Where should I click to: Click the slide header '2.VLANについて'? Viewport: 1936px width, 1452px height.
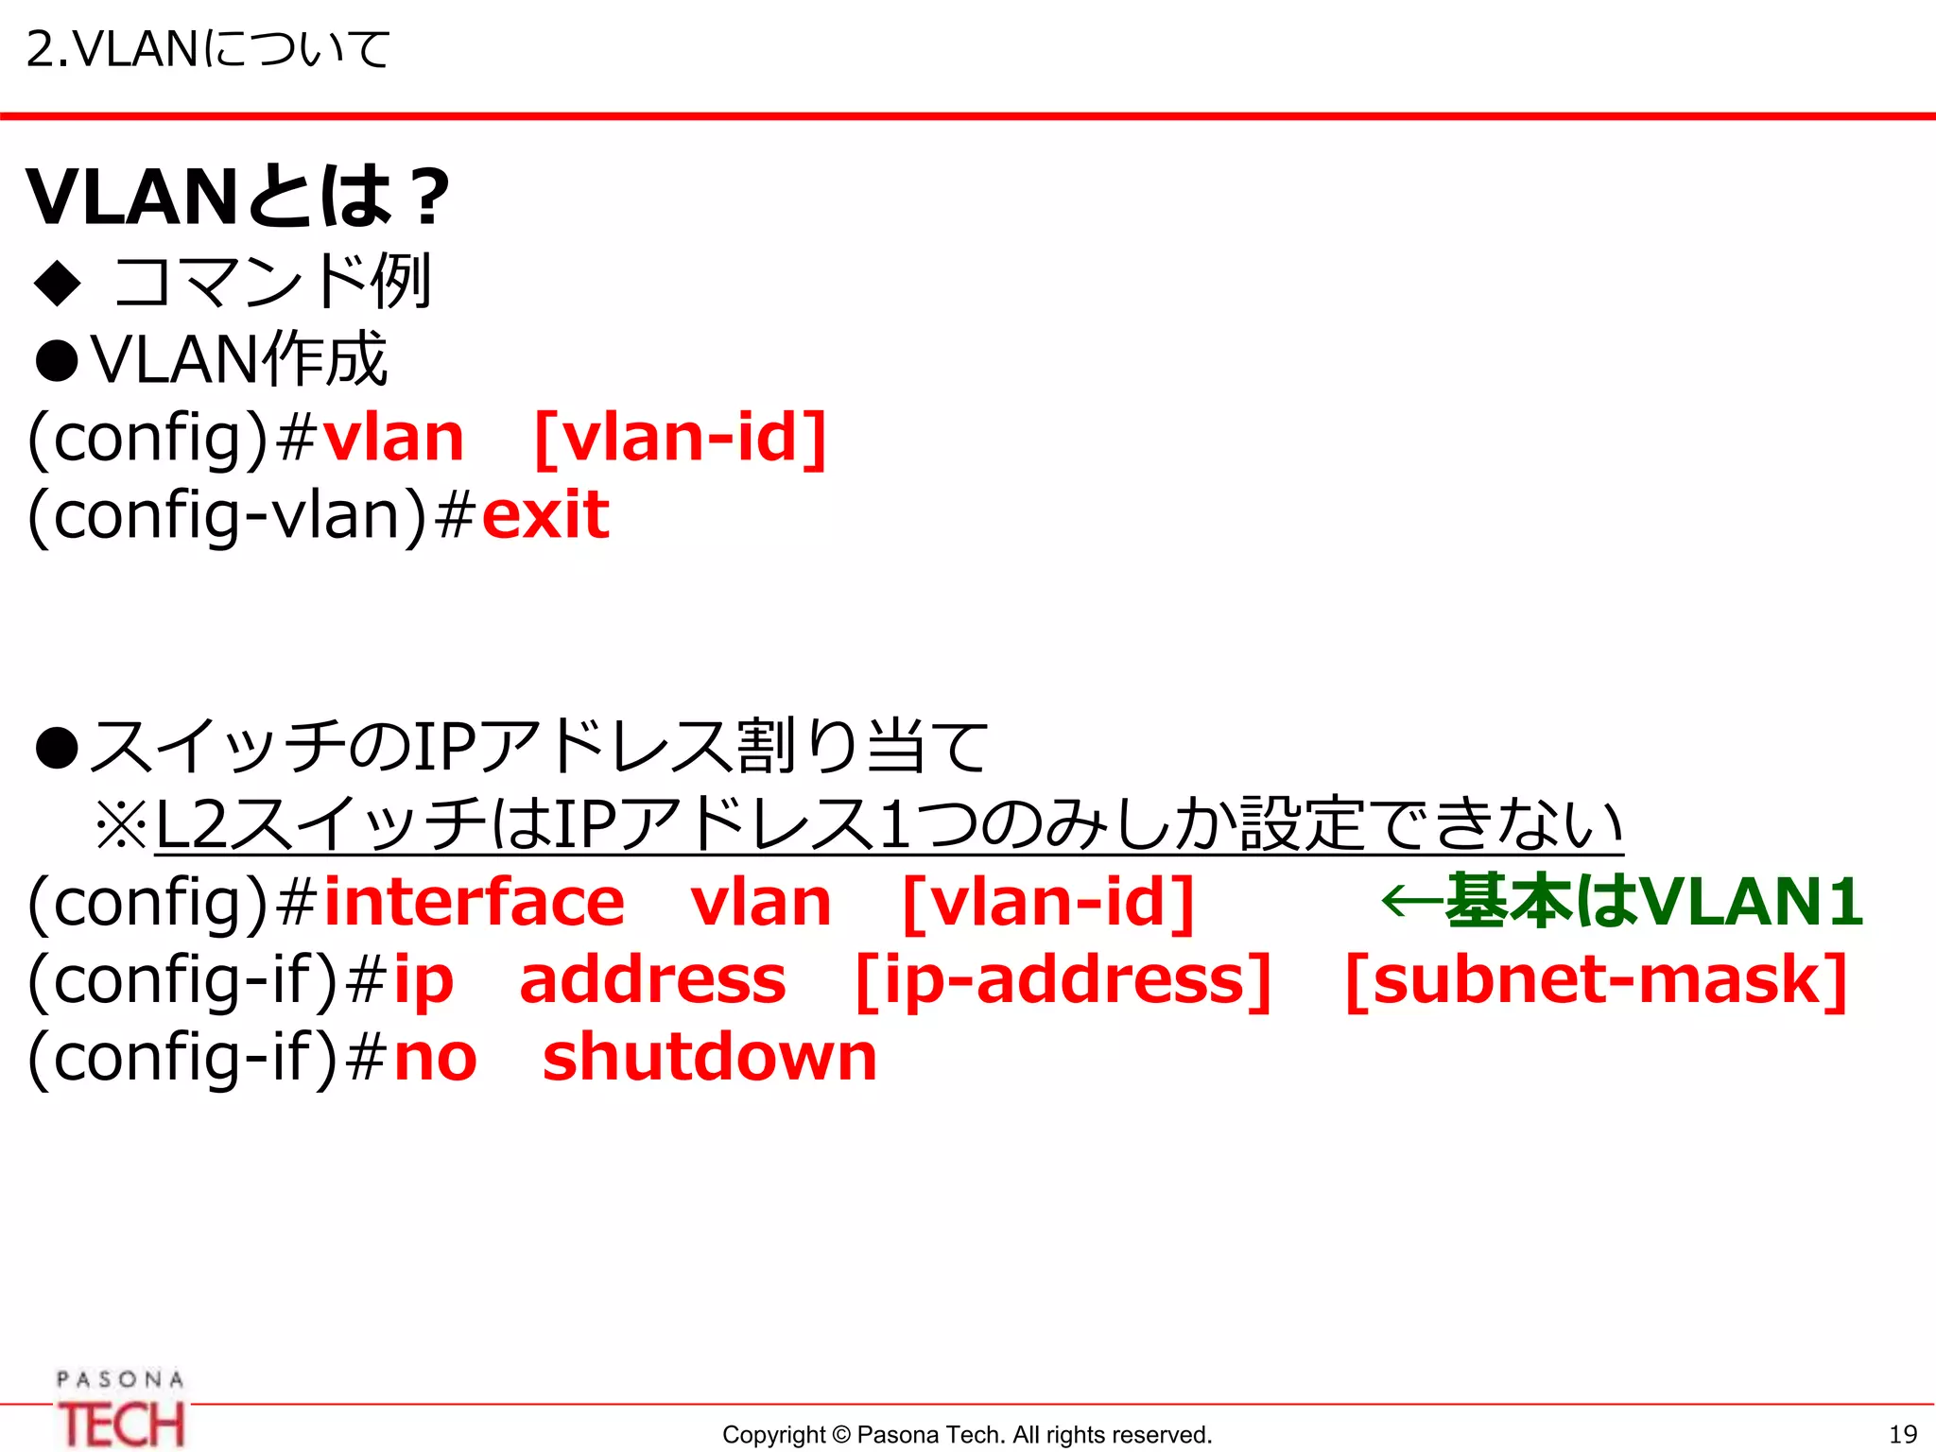tap(208, 49)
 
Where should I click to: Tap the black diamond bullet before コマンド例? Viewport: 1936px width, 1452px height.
tap(58, 282)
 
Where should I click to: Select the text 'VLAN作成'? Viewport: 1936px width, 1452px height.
tap(239, 359)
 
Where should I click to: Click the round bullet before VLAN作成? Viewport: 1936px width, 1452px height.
tap(57, 361)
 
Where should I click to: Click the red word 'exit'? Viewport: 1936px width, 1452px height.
tap(545, 515)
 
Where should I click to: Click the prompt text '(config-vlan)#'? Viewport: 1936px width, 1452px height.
tap(251, 516)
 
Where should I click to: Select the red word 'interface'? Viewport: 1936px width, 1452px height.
tap(474, 902)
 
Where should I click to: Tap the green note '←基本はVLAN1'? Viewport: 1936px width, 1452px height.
tap(1622, 900)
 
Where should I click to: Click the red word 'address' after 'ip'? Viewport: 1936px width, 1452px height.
tap(652, 979)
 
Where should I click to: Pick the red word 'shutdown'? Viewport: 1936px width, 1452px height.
tap(710, 1057)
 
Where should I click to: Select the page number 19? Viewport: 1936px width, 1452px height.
tap(1902, 1435)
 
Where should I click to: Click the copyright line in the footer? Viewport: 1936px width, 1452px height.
tap(967, 1435)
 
